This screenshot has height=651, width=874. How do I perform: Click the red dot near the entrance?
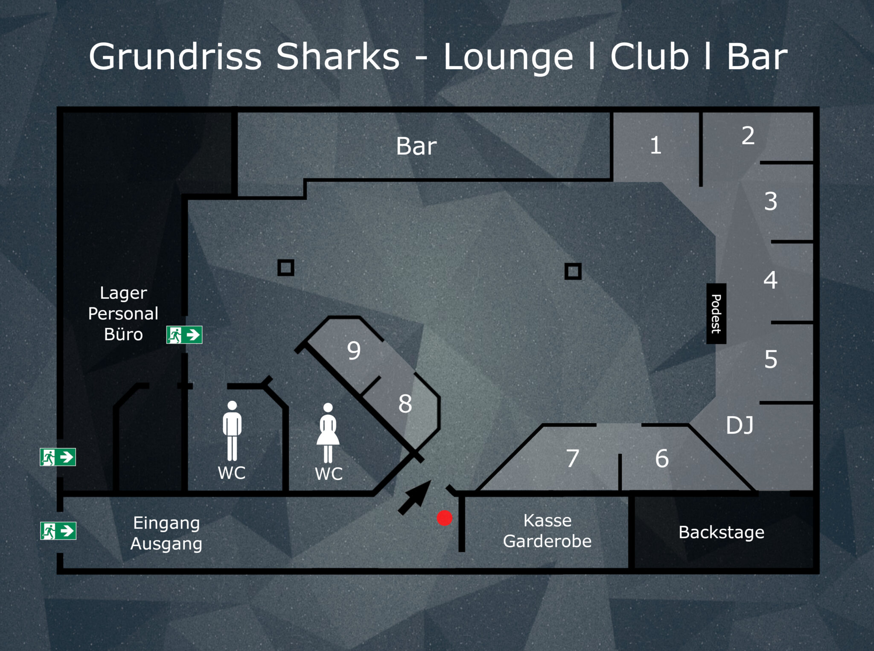coord(444,518)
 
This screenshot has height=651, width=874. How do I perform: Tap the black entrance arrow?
coord(414,497)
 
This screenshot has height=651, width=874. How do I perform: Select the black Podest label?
coord(716,314)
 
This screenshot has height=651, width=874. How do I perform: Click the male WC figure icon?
coord(232,431)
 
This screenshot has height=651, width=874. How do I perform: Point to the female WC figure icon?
coord(328,433)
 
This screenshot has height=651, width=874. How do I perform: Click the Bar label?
coord(416,146)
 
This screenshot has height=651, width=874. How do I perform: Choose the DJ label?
coord(740,426)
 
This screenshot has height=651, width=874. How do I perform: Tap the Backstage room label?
coord(721,532)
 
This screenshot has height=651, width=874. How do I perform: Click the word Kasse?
coord(548,521)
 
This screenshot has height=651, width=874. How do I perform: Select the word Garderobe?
coord(547,541)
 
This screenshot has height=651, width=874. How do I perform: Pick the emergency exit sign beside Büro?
coord(184,335)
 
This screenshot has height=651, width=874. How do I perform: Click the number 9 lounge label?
coord(354,351)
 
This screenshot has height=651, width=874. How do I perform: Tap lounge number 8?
coord(405,404)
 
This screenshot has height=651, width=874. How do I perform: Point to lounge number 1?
coord(655,146)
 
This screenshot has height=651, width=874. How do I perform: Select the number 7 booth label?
coord(573,458)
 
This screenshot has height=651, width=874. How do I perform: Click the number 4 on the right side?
coord(770,280)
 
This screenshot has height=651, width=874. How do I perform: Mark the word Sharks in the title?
coord(338,57)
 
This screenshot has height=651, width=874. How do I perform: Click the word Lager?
coord(123,293)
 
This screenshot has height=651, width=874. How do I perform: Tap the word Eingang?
coord(166,523)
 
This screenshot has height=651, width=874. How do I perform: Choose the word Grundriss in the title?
coord(175,57)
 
